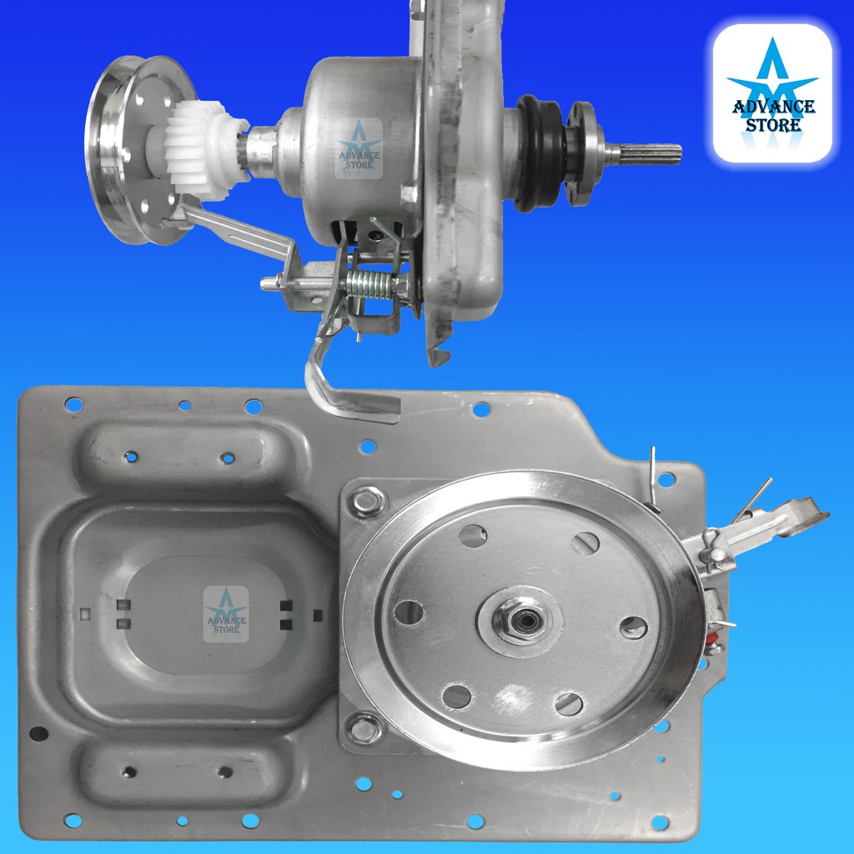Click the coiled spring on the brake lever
(369, 284)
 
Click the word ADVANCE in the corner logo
(774, 106)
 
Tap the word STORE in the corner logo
(773, 125)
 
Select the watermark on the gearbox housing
(359, 148)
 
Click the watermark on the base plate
(226, 614)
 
